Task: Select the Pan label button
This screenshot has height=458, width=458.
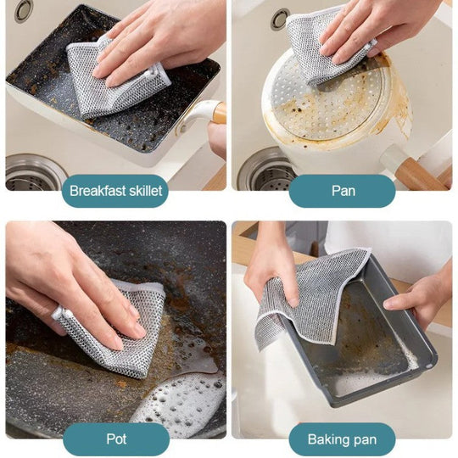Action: coord(342,191)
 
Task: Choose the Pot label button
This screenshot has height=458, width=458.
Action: coord(116,439)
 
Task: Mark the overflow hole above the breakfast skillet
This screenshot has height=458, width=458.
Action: coord(24,11)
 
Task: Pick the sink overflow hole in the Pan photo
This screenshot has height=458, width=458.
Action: coord(280,19)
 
